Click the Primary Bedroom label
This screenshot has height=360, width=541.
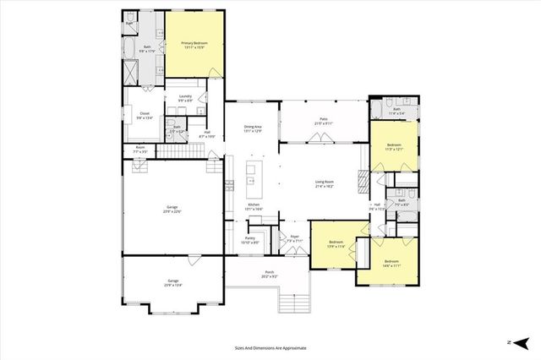coord(194,45)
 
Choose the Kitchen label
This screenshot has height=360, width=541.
coord(253,205)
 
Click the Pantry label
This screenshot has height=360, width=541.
coord(250,239)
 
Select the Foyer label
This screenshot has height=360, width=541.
coord(295,238)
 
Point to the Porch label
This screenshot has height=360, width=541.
coord(270,275)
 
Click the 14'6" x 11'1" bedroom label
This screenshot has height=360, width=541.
coord(391,263)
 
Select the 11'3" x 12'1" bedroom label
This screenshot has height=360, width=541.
coord(394,146)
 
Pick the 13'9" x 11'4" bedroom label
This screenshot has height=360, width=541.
coord(336,245)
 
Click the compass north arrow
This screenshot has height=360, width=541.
coord(522,342)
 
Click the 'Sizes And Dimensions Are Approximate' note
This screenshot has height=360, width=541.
coord(270,347)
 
